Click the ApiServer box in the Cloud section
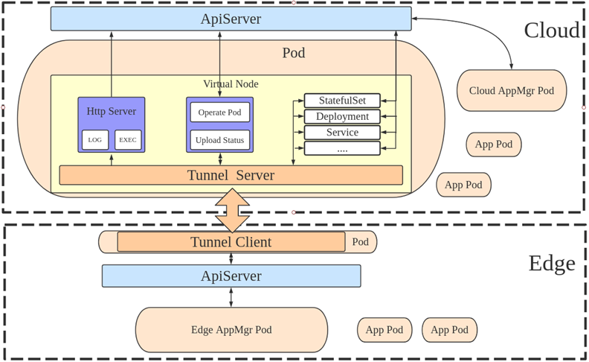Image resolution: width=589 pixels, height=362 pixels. [231, 19]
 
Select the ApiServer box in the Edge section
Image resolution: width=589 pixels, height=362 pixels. [231, 276]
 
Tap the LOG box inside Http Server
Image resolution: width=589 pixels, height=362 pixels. [95, 139]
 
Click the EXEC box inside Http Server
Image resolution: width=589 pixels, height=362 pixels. [128, 139]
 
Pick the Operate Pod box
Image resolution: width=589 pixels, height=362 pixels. [220, 112]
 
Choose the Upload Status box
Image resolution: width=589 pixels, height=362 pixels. [220, 140]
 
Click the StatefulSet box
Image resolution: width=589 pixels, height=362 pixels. [342, 101]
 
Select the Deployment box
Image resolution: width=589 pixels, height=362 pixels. [342, 116]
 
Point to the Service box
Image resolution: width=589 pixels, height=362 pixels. [342, 133]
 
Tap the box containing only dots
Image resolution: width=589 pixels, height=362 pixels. [342, 149]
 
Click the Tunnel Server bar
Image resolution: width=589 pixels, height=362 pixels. [231, 175]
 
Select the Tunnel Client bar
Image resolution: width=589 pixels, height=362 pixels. [231, 242]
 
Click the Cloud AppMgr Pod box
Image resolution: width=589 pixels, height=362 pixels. [512, 91]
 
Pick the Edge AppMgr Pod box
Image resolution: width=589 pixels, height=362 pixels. [231, 329]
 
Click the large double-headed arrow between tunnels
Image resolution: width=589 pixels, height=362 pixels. [233, 210]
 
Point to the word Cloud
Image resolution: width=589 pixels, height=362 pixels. [551, 31]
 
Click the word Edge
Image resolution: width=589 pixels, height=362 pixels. [551, 264]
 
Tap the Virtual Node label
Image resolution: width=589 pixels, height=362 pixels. [231, 84]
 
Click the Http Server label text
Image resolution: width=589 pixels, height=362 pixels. [112, 111]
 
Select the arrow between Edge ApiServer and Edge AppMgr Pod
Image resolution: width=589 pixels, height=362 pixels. [231, 297]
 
